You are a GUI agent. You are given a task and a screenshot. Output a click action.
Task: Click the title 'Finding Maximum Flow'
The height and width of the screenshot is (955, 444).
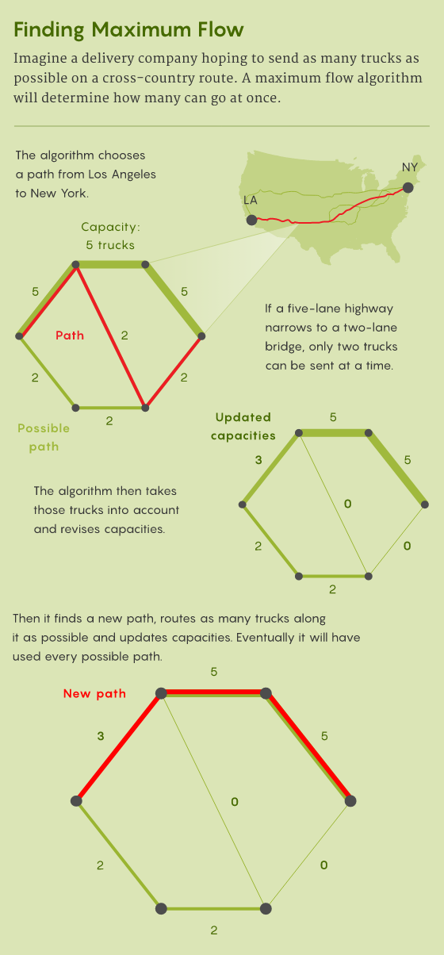point(128,30)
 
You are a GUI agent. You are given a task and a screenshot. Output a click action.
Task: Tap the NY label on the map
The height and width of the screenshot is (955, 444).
point(409,167)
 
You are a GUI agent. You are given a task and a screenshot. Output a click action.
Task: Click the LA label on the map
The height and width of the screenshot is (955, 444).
point(250,200)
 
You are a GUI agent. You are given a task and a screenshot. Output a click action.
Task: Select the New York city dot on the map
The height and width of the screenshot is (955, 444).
point(408,187)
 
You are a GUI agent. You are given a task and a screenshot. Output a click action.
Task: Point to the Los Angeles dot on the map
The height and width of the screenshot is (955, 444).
point(252,220)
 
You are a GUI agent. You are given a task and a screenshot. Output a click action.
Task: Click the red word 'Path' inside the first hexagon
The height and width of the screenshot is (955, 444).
point(70,336)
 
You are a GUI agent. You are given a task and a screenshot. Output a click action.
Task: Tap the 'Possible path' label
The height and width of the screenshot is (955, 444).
point(44,437)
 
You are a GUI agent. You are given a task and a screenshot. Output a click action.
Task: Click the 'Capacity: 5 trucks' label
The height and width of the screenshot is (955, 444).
point(110,236)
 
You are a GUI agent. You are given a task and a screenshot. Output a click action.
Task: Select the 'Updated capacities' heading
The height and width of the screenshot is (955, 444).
point(243,427)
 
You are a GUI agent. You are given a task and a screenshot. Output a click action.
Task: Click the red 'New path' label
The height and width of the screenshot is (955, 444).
point(94,694)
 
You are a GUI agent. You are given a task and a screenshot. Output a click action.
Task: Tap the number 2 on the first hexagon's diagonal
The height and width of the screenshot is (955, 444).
point(124,336)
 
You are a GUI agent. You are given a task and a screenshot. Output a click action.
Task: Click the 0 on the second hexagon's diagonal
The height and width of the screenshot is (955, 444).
point(348,504)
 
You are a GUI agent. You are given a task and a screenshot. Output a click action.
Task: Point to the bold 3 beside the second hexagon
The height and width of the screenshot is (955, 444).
point(258,459)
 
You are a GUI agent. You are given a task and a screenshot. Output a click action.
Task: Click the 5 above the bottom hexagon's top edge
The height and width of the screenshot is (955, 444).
point(214,672)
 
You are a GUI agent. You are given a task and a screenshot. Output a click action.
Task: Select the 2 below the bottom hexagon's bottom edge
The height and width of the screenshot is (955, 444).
point(214,930)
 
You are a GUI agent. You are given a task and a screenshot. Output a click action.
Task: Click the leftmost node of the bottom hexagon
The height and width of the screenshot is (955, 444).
point(76,801)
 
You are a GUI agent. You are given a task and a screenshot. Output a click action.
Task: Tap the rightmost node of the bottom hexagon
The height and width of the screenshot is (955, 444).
point(350,801)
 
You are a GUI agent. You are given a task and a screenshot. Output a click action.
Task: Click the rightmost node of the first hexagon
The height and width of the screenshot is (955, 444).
point(201,336)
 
